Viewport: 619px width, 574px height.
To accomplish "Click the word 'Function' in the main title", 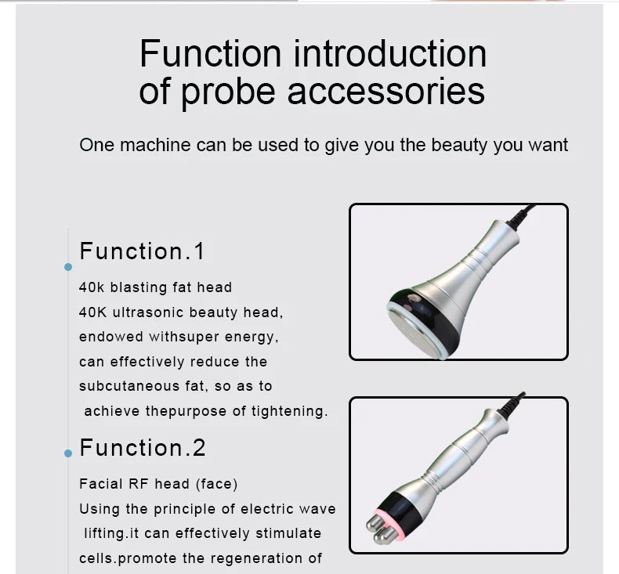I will (210, 54).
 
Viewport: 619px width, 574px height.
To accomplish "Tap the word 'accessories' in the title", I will (386, 91).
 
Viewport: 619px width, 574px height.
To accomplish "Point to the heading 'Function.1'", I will (142, 251).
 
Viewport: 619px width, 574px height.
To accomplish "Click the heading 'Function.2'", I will (143, 448).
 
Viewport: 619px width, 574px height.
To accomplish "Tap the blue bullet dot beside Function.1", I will (68, 267).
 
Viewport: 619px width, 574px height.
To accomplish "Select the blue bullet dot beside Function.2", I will (68, 453).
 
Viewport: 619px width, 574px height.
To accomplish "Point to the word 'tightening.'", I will (289, 411).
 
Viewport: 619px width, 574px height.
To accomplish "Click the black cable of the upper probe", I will (521, 215).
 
